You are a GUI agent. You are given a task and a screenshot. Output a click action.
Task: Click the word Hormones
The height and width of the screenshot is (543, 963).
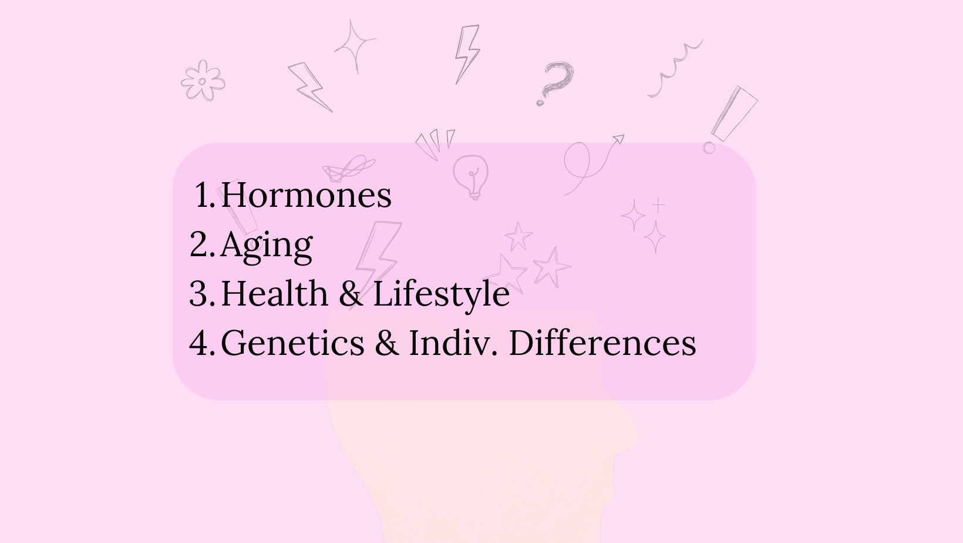pos(306,195)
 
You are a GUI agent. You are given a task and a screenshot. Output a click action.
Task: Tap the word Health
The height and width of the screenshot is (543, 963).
pos(274,293)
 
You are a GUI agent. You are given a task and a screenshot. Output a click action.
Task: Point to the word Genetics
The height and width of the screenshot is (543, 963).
pos(293,343)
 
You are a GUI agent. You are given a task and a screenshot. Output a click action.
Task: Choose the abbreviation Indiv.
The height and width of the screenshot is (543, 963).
pos(453,343)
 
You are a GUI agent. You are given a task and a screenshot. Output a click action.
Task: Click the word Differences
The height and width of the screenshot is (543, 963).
pos(602,343)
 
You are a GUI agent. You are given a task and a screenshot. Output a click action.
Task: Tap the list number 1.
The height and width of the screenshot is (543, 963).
pos(205,195)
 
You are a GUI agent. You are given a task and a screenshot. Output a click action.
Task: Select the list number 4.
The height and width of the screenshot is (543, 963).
pos(202,343)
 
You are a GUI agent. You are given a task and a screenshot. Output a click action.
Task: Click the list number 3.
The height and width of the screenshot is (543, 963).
pos(202,293)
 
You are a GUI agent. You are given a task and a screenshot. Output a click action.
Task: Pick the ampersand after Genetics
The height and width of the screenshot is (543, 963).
pos(387,343)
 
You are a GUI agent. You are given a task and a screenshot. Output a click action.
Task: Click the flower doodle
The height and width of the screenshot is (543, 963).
pos(203,81)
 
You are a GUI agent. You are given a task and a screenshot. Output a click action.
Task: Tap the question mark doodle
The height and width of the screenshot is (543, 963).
pos(555,83)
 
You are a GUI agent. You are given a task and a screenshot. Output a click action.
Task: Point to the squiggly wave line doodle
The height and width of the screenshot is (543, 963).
pos(675,68)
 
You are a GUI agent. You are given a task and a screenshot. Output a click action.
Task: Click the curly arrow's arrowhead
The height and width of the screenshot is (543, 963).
pos(619,139)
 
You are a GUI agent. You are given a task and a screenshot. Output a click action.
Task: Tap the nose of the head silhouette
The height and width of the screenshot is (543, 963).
pos(632,434)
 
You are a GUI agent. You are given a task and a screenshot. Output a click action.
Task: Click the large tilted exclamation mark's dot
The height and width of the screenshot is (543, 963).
pos(709,148)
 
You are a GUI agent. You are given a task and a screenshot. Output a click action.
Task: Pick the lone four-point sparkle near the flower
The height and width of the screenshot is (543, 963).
pos(354,46)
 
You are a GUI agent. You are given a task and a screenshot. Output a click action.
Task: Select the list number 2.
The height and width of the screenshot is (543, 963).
pos(202,244)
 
